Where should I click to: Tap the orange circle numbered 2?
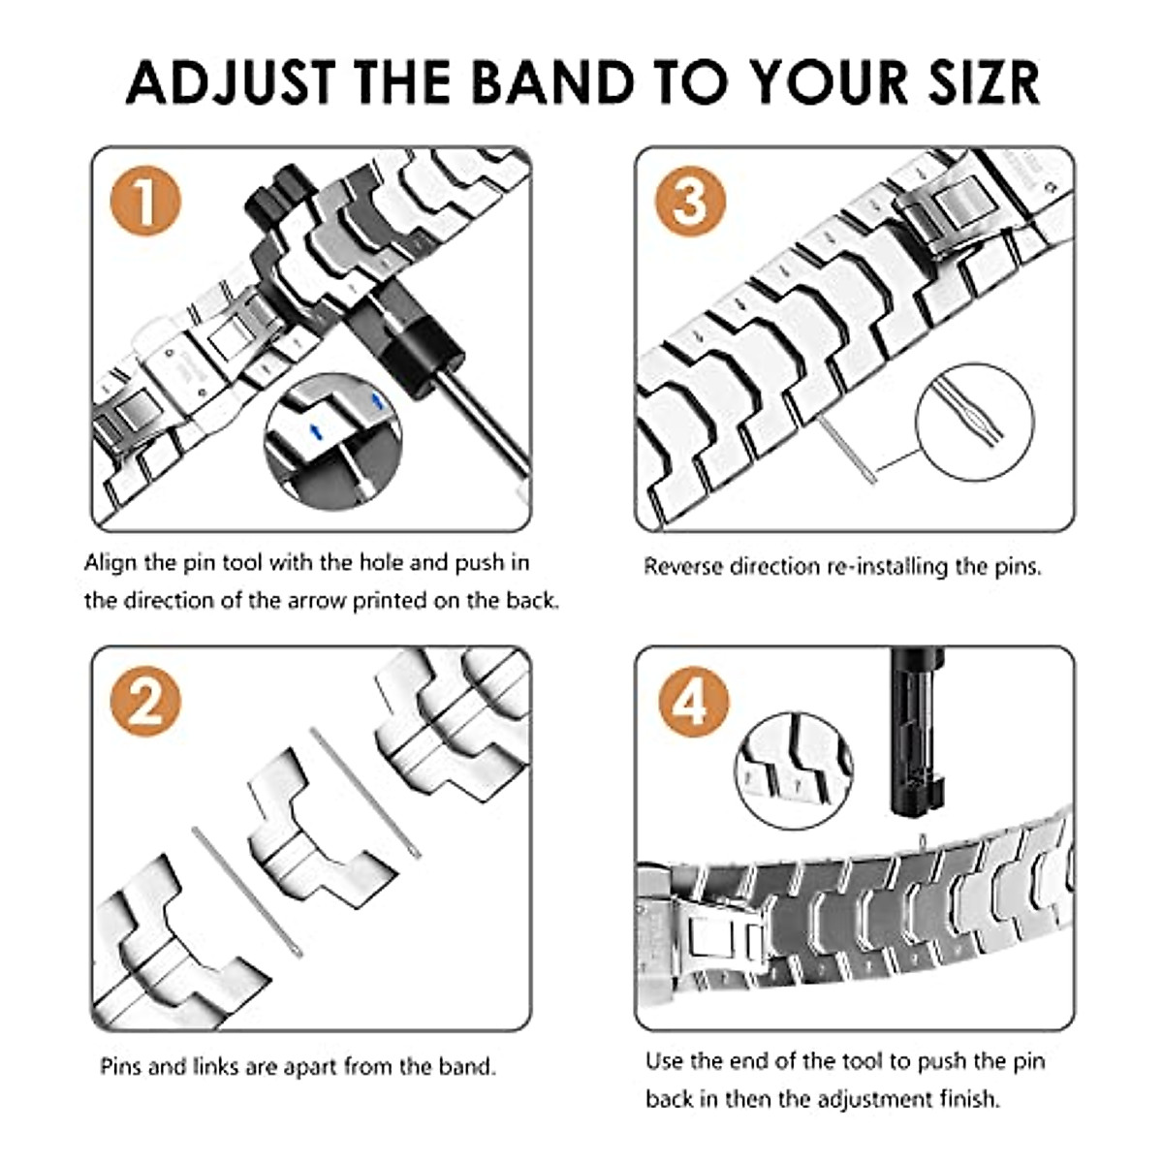pyautogui.click(x=145, y=701)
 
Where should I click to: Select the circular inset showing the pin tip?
pyautogui.click(x=974, y=424)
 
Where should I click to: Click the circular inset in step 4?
pyautogui.click(x=794, y=770)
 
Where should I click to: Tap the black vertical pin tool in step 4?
pyautogui.click(x=915, y=737)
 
